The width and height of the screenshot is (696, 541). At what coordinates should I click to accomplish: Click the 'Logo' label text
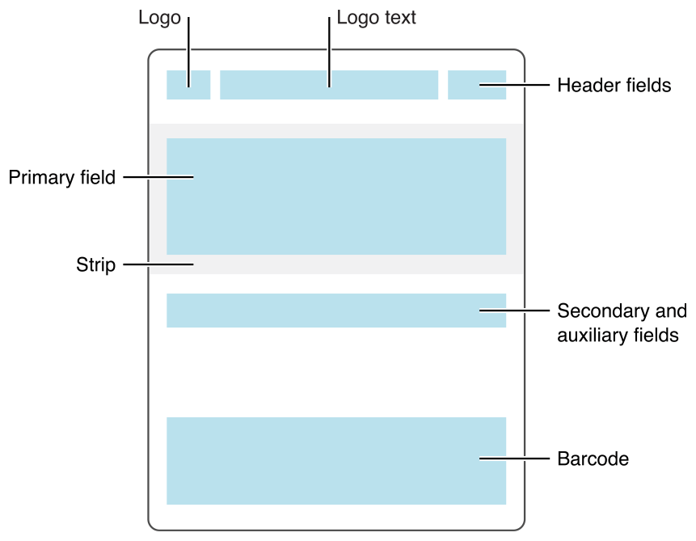click(x=160, y=18)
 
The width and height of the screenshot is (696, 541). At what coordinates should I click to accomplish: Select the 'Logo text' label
click(x=376, y=18)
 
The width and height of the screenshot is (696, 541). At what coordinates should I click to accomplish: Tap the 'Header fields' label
click(x=614, y=85)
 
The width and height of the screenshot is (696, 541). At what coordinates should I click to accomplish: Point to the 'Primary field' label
click(x=62, y=177)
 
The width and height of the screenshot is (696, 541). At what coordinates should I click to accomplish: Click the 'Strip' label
click(x=96, y=264)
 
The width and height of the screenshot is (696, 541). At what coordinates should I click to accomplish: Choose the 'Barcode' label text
click(x=593, y=459)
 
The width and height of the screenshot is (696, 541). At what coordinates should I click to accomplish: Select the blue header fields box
click(x=465, y=85)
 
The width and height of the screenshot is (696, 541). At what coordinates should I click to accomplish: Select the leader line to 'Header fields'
click(x=517, y=84)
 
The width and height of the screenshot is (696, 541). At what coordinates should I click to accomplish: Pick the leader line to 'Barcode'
click(x=517, y=459)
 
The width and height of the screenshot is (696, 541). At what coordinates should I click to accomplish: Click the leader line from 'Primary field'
click(x=158, y=177)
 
